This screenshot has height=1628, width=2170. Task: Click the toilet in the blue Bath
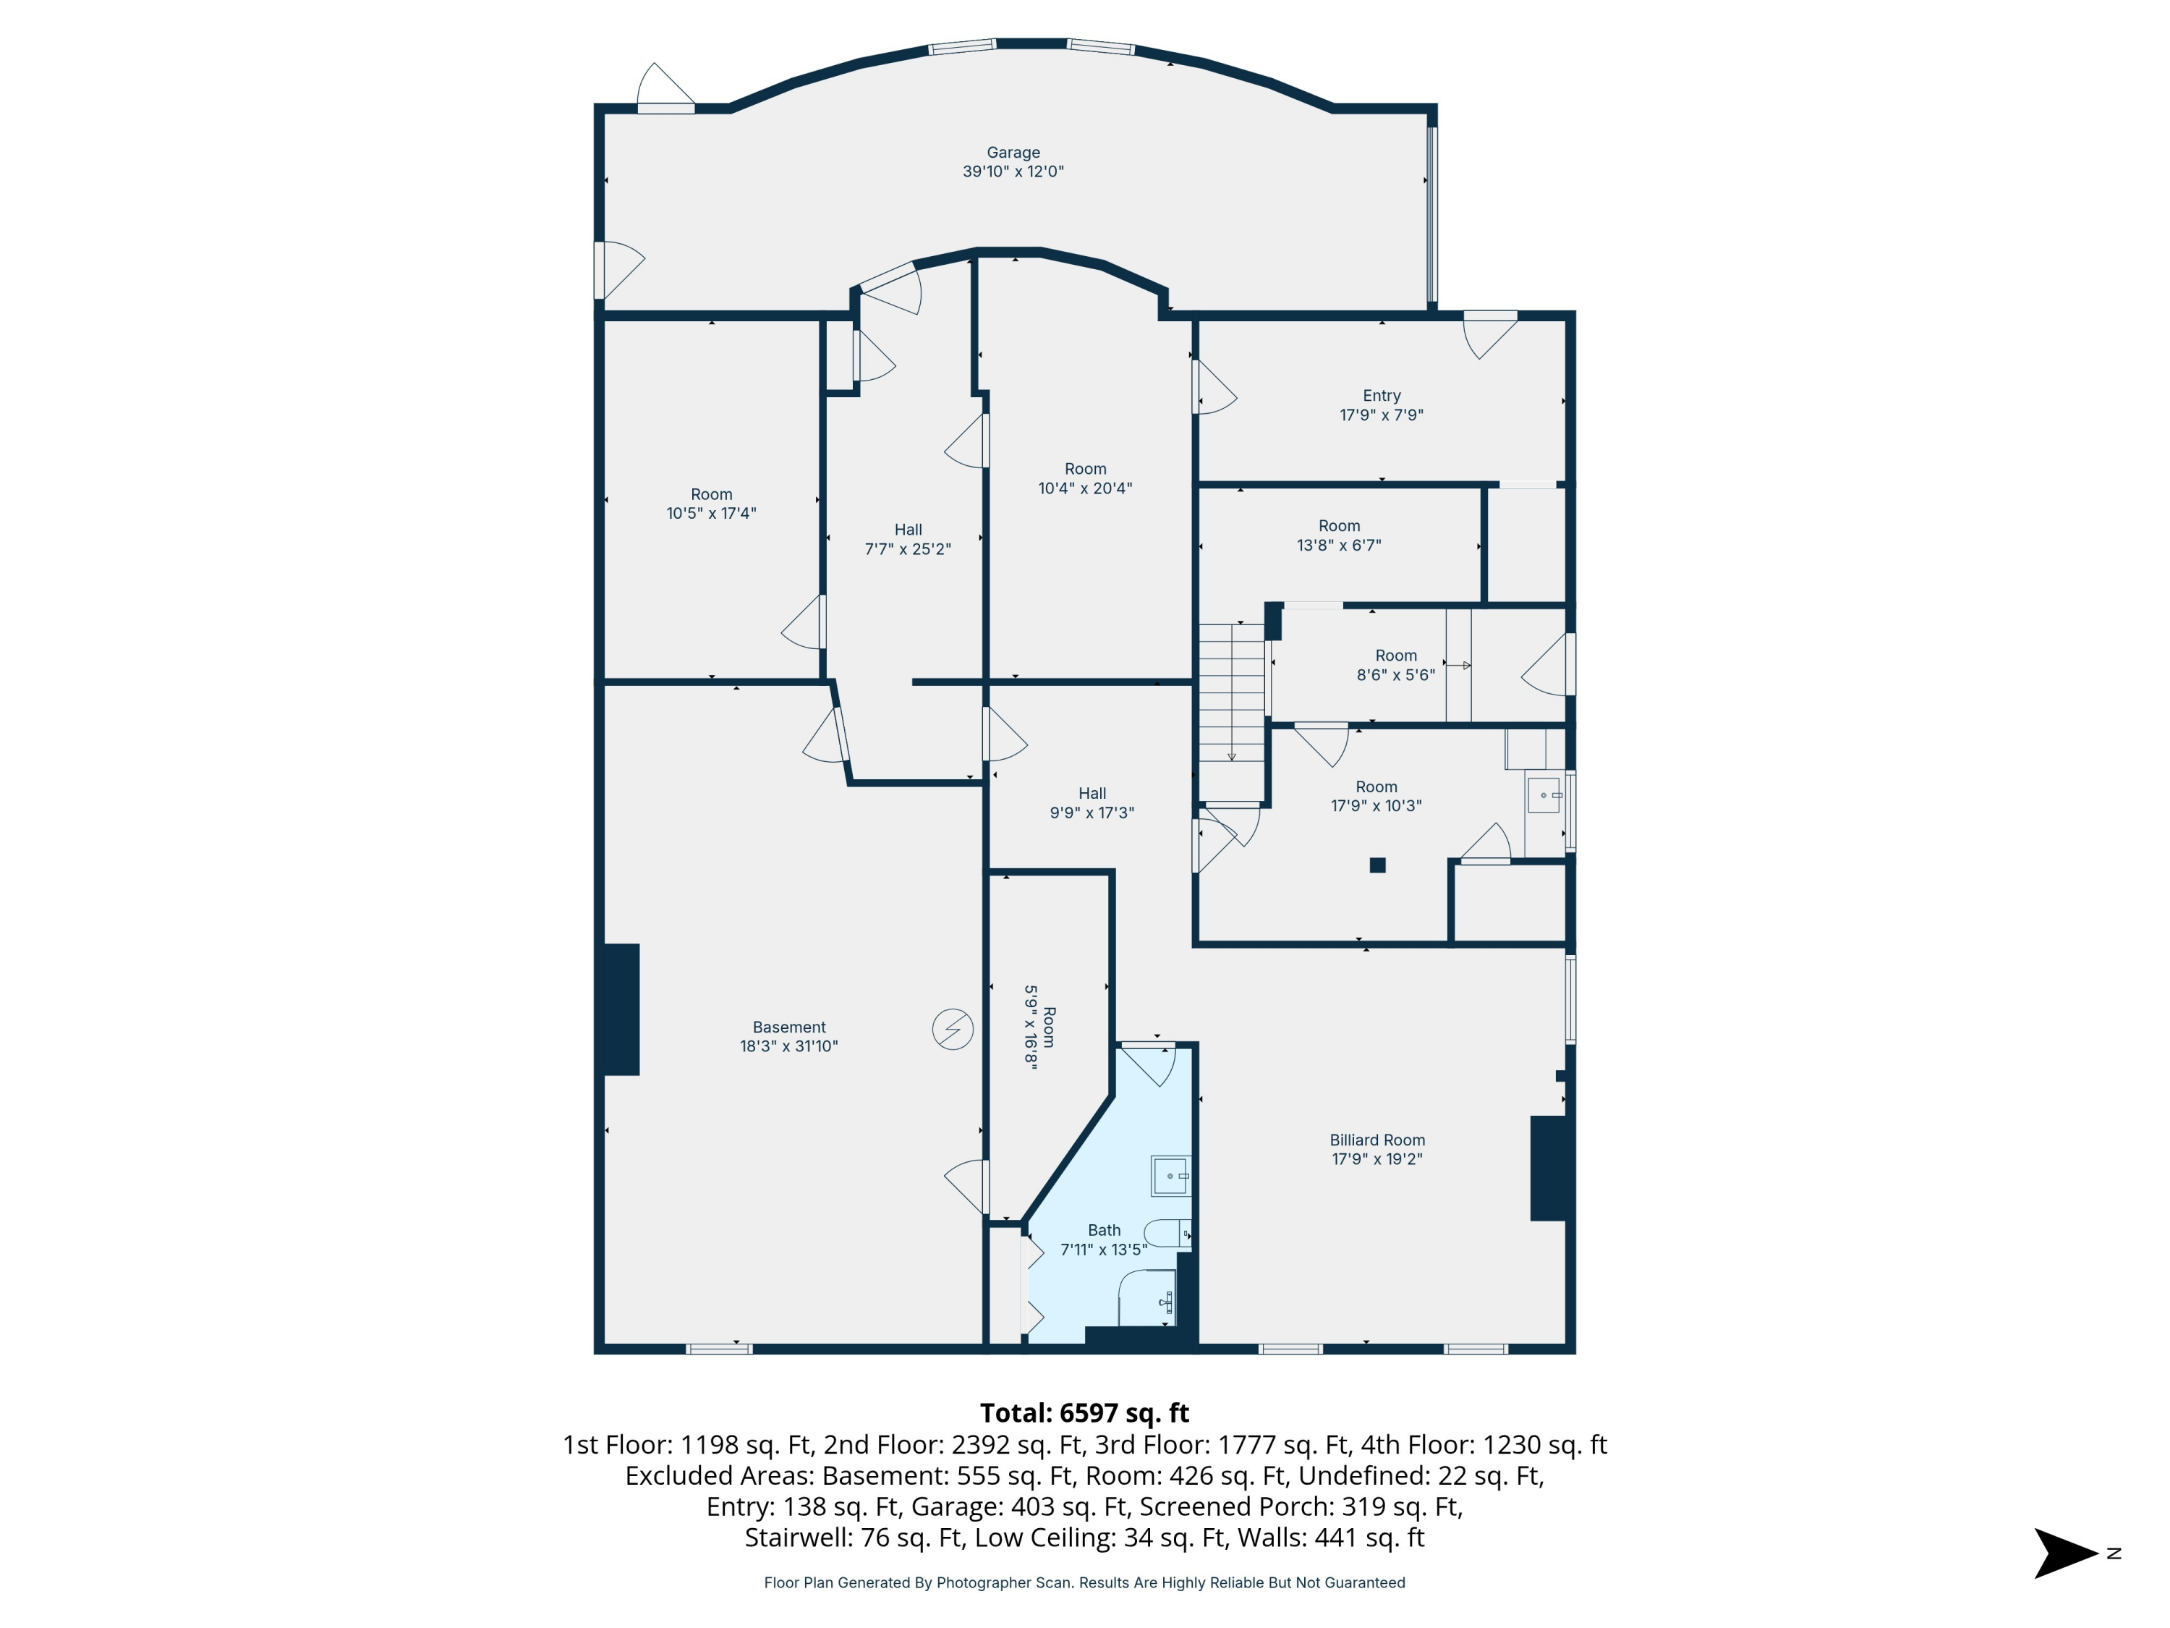(x=1167, y=1232)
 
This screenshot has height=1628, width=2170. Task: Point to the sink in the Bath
(x=1170, y=1176)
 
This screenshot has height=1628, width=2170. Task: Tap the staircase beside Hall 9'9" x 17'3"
(x=1231, y=697)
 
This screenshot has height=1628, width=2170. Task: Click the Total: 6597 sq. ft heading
(x=1084, y=1413)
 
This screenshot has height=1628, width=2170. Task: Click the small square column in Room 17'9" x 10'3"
(x=1377, y=865)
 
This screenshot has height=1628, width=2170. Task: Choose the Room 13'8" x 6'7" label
(x=1338, y=535)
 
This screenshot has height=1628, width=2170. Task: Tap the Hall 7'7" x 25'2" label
(x=908, y=539)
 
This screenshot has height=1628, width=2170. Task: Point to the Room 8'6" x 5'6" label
(x=1395, y=664)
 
